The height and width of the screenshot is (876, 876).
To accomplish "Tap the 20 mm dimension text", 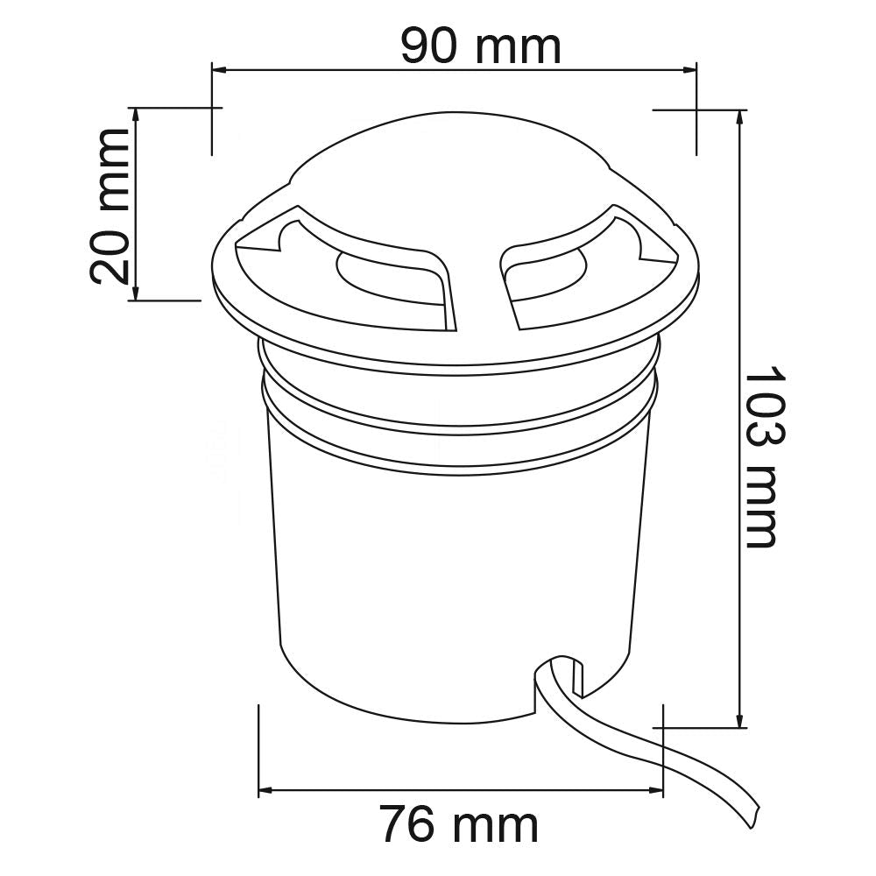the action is click(110, 206).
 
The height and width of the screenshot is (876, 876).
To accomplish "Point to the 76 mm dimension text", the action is click(461, 823).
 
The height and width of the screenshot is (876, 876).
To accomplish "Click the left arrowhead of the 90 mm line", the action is click(218, 70).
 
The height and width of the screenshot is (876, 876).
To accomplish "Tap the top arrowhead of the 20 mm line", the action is click(135, 114).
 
